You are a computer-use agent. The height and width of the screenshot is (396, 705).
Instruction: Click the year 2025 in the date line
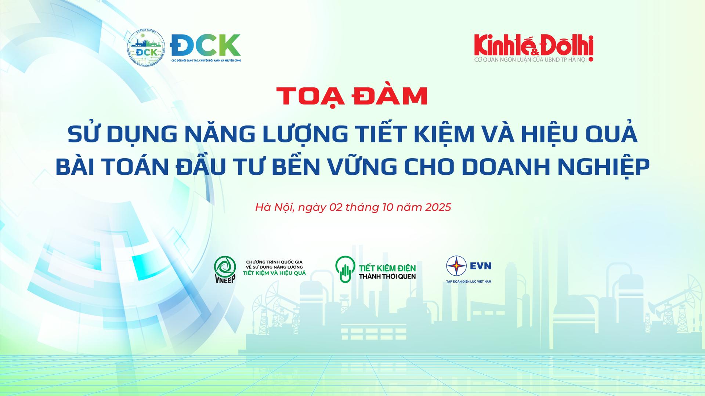(438, 207)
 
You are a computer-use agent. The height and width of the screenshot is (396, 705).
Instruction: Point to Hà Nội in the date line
(274, 207)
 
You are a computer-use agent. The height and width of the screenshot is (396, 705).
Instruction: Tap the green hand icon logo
(345, 270)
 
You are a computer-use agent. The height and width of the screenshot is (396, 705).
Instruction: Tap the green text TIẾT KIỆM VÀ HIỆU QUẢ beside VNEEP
(274, 273)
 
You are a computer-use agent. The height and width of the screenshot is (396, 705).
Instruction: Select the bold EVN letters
(481, 266)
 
